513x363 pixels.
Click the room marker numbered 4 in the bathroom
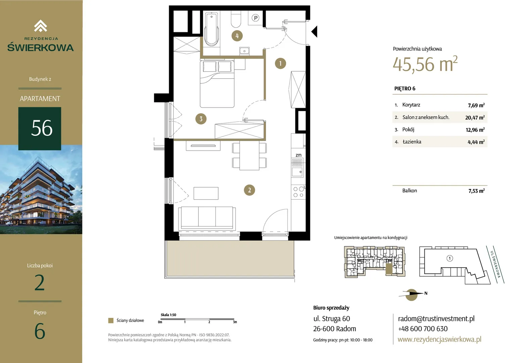tap(237, 36)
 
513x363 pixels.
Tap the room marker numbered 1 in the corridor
tap(280, 63)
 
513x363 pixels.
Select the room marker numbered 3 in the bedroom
tap(201, 119)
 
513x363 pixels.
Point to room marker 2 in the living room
tap(249, 190)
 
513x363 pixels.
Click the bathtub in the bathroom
tap(212, 29)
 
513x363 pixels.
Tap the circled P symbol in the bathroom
tap(255, 18)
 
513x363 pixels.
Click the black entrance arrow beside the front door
tap(314, 31)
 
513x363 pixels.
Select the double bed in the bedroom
tap(217, 84)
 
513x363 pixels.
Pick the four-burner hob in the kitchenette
tap(298, 192)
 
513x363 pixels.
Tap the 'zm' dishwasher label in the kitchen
tap(298, 155)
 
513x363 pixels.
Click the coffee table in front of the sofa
tap(206, 193)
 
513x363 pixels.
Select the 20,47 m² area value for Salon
tap(475, 117)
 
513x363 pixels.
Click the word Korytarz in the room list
tap(411, 105)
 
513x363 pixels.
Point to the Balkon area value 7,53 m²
tap(476, 191)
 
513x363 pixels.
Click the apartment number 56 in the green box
tap(42, 128)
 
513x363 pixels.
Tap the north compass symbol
tap(412, 294)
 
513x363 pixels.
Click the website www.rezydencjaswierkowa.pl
tap(439, 339)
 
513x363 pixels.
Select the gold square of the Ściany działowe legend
tap(111, 320)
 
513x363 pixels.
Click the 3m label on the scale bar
tap(235, 322)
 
